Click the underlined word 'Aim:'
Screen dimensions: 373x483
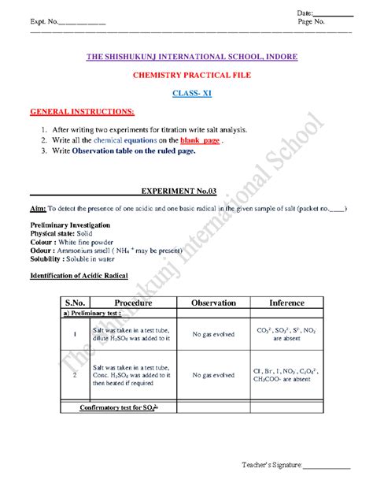[37, 210]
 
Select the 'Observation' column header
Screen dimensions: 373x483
[209, 303]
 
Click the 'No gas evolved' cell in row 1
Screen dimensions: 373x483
[209, 334]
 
